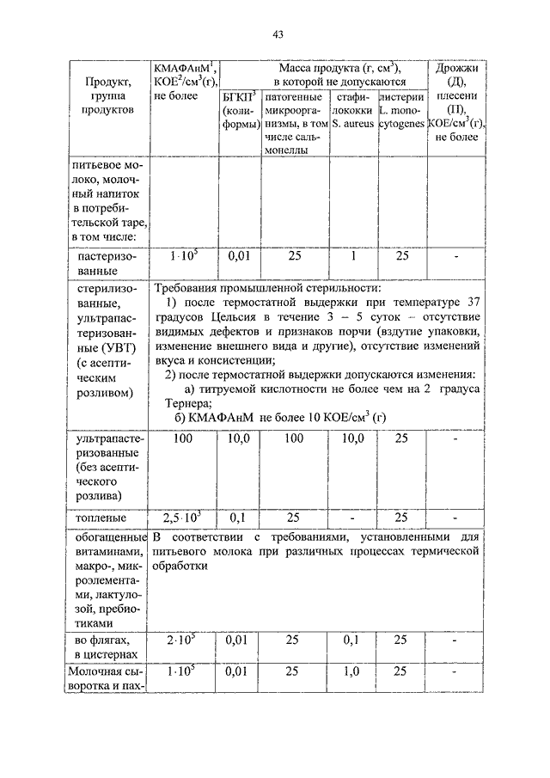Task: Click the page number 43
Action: (x=278, y=34)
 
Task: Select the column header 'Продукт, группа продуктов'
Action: (x=108, y=96)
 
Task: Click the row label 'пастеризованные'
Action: (x=108, y=264)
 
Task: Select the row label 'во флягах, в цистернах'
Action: (x=108, y=647)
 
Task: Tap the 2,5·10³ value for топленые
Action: (x=182, y=518)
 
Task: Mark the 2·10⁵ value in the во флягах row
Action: (x=182, y=640)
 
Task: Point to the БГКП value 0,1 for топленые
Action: (x=238, y=518)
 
